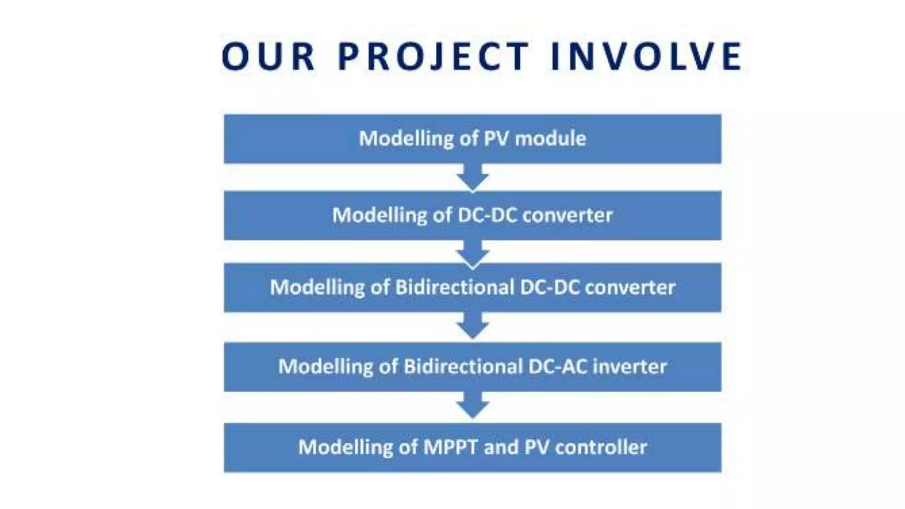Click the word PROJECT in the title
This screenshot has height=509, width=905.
433,56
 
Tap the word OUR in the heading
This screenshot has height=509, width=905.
268,56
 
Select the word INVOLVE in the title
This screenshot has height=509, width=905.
646,56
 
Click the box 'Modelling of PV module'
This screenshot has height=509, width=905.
472,139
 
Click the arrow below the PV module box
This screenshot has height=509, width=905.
472,177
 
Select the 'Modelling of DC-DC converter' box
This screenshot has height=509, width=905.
472,216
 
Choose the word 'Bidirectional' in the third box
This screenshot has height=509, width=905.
454,288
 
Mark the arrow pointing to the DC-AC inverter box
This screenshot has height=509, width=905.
472,326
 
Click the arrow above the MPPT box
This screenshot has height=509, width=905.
472,406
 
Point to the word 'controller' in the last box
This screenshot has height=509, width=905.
601,447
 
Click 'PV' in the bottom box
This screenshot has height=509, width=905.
536,447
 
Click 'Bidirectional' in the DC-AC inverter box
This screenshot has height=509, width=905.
462,367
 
